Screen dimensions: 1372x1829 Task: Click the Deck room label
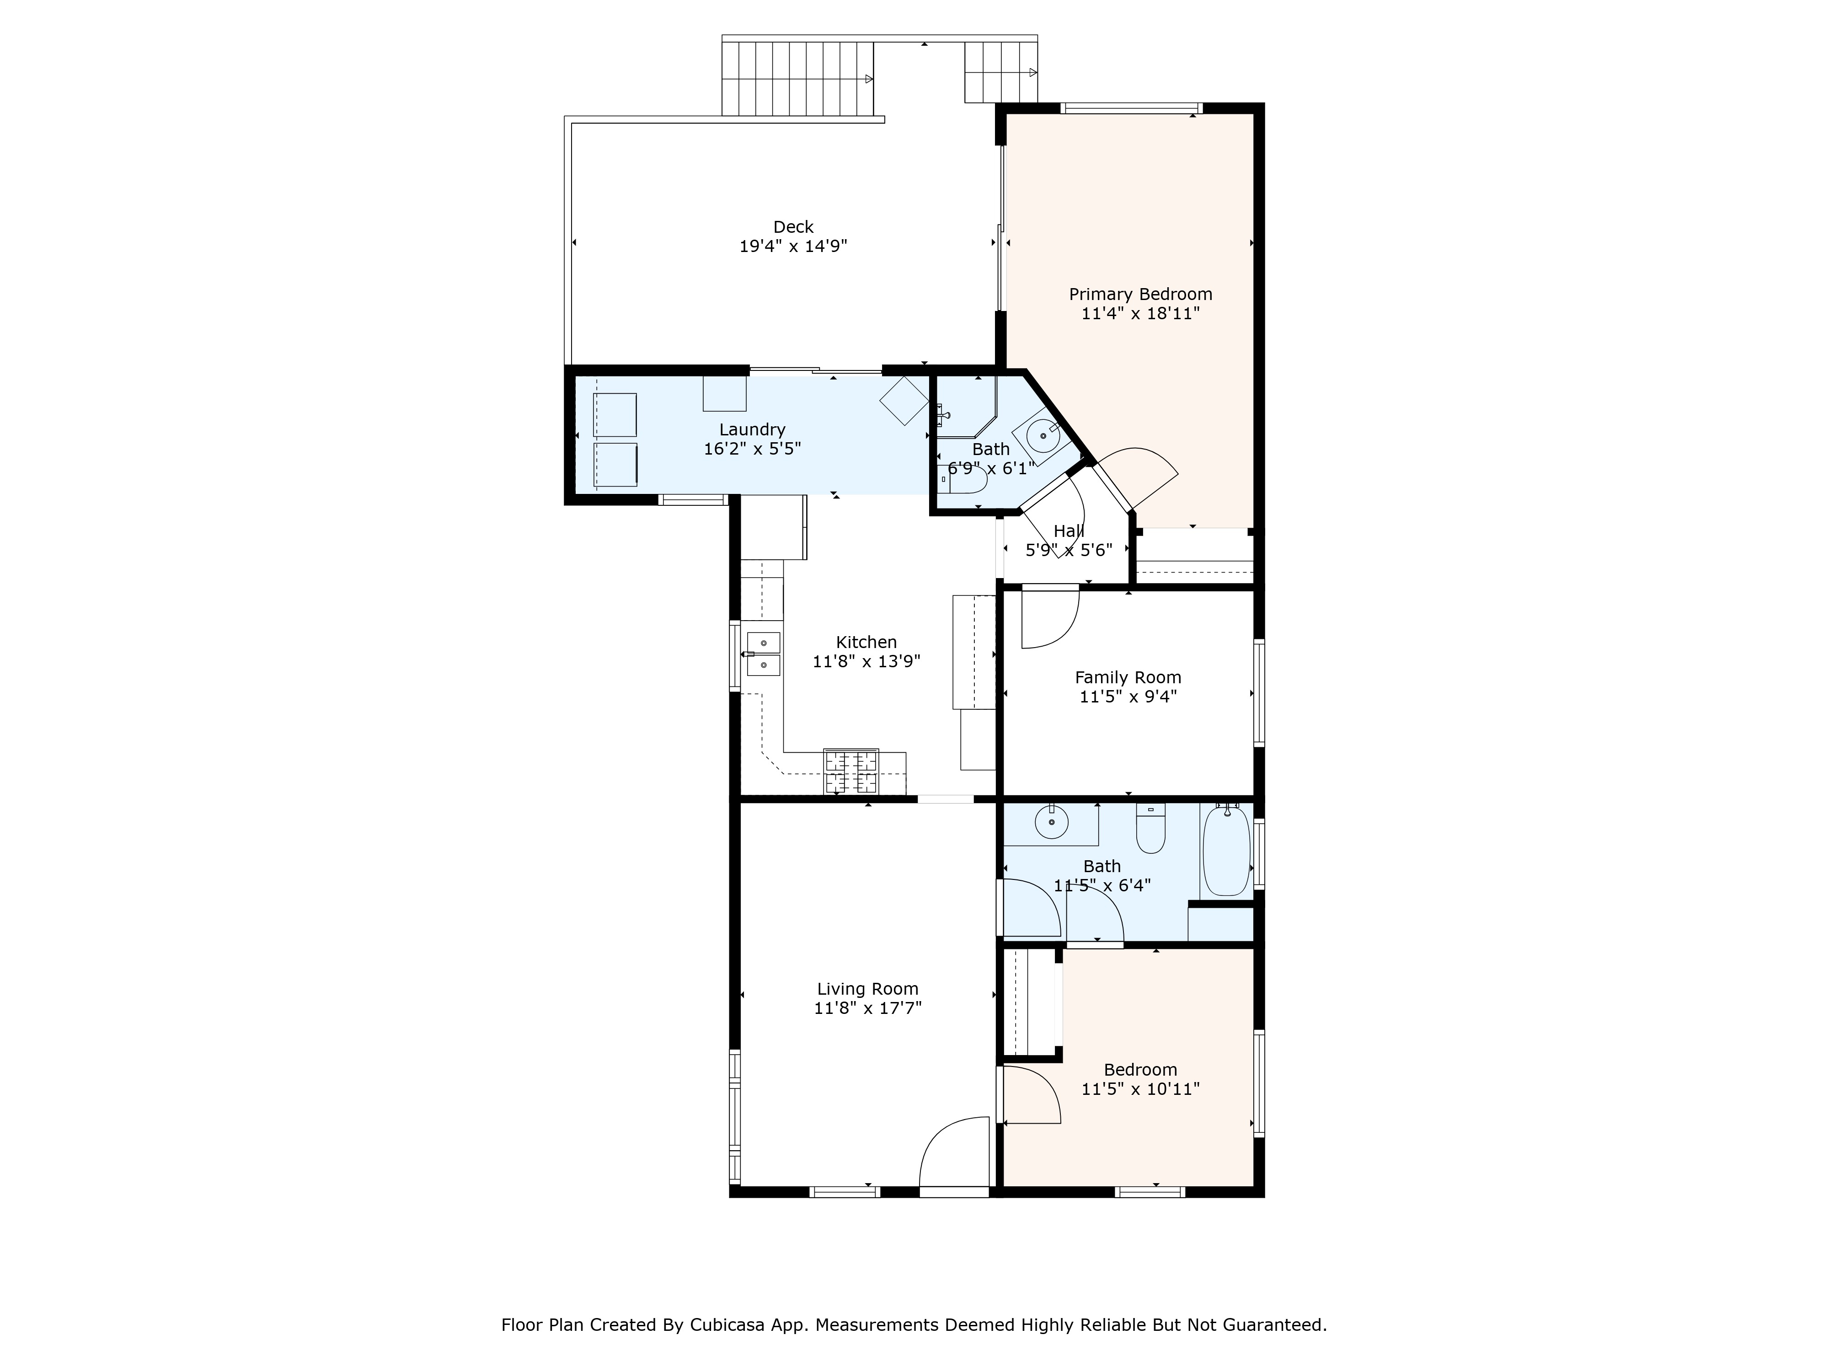(793, 226)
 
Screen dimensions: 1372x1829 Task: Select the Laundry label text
(752, 429)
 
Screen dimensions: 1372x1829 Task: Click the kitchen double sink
(763, 654)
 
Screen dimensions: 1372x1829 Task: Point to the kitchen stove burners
(850, 772)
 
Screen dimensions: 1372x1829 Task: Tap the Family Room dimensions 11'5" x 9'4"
(1128, 697)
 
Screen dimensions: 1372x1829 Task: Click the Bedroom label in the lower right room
(1140, 1069)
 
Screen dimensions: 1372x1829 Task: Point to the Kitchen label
(866, 642)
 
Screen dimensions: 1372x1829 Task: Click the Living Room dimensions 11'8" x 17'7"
(867, 1008)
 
